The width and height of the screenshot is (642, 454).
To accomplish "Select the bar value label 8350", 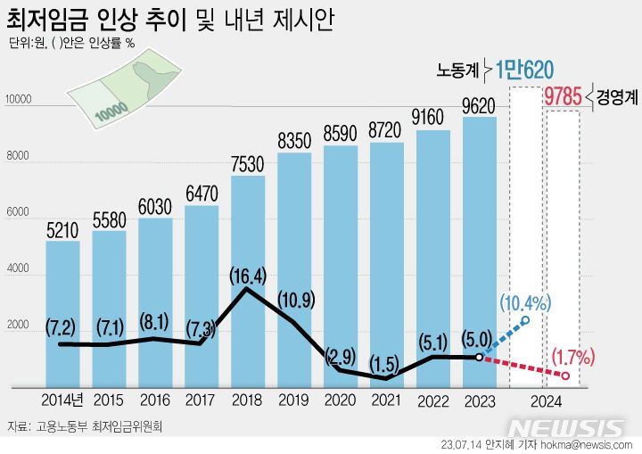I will [x=293, y=141].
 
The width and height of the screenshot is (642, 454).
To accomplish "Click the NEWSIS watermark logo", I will [x=571, y=426].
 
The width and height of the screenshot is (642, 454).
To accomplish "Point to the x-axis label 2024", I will [x=545, y=400].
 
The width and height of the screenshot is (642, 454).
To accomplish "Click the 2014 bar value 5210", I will [x=62, y=230].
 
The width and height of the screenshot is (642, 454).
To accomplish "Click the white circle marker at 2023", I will [x=480, y=357].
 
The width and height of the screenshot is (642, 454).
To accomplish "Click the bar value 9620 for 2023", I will [x=479, y=106].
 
